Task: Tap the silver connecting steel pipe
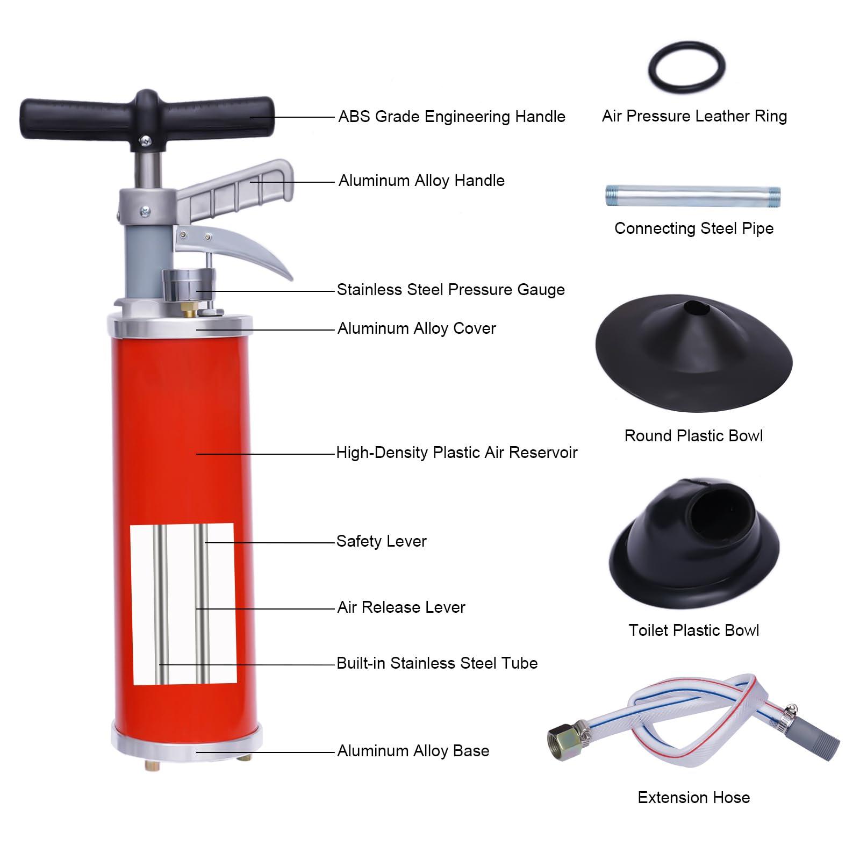693,196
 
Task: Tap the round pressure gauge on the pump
189,285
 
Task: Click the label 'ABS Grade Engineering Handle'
451,117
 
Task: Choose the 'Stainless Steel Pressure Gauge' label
450,290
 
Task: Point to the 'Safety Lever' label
381,541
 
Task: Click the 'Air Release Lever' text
401,607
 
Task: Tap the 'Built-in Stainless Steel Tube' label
437,663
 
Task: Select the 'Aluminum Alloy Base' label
413,751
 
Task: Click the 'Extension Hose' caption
693,797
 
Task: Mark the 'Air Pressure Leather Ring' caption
694,116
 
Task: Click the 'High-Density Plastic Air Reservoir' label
456,453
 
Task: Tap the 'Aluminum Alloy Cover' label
417,328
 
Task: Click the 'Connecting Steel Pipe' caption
694,228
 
